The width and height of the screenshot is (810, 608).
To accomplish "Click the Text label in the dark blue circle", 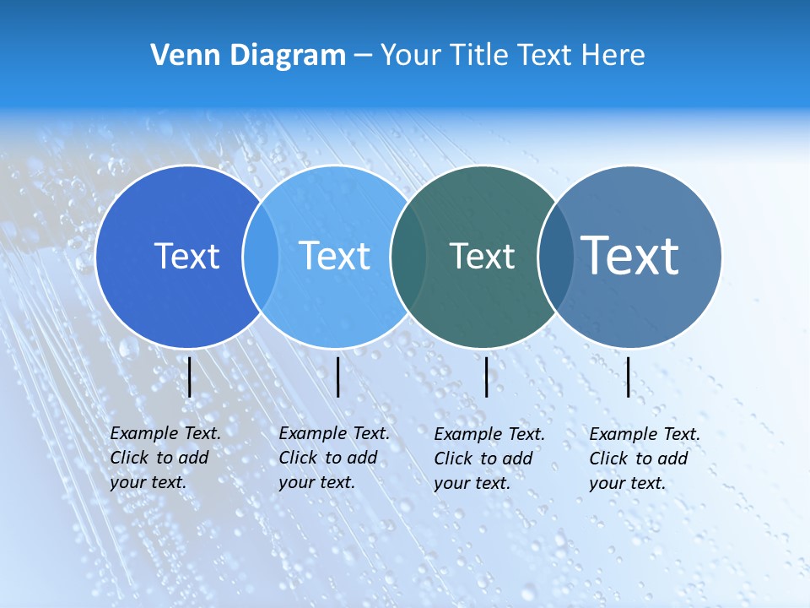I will point(186,256).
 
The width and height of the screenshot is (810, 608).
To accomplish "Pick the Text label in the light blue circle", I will point(335,256).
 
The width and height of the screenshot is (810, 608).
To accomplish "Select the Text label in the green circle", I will point(482,256).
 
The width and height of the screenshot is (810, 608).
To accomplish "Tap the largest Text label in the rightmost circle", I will point(630,255).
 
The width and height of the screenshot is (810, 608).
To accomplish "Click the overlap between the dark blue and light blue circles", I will point(261,256).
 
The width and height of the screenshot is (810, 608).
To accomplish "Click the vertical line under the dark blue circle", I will point(190,377).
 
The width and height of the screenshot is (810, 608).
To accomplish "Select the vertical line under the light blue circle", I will point(337,377).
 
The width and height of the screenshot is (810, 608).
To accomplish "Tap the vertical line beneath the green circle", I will point(487,377).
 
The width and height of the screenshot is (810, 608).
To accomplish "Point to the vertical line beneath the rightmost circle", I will point(629,377).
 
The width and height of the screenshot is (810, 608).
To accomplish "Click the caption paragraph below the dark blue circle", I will point(165,458).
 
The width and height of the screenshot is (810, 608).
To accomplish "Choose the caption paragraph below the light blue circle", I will point(333,458).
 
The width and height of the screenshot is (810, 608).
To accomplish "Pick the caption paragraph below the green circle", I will point(489,459).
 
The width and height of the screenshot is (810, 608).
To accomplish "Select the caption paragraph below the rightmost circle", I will point(644,459).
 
